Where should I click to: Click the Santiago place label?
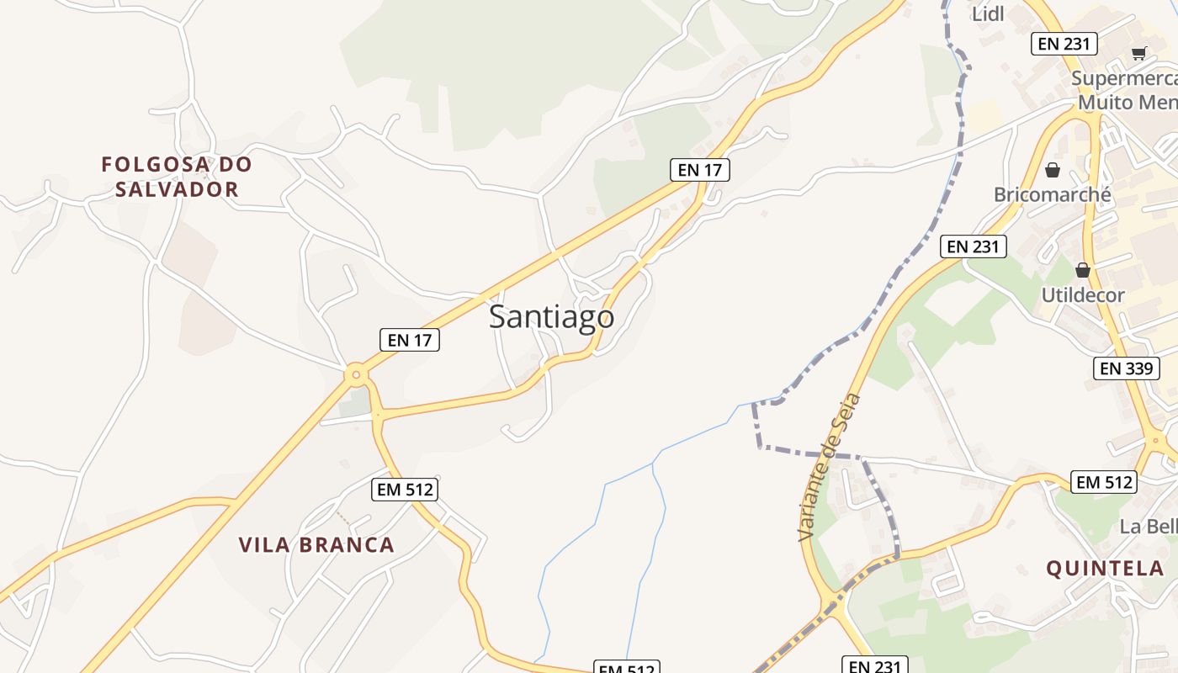point(551,317)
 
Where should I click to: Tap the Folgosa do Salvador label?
point(177,177)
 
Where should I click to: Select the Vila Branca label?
point(316,545)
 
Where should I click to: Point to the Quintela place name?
point(1105,569)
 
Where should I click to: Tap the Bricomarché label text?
point(1052,195)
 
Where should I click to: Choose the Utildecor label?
point(1082,295)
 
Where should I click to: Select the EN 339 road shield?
point(1127,368)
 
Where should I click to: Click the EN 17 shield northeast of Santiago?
point(700,170)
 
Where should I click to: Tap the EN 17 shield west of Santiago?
point(410,340)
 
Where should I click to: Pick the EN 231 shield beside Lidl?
point(1064,44)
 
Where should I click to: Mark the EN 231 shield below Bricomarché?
point(973,246)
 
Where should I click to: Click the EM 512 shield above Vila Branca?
point(406,489)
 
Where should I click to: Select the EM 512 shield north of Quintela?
point(1104,482)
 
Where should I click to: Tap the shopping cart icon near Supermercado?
point(1138,54)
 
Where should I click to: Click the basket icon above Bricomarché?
point(1052,171)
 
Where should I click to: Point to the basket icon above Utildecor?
point(1082,270)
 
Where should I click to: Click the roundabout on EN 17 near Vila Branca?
point(357,374)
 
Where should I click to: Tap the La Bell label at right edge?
point(1148,527)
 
